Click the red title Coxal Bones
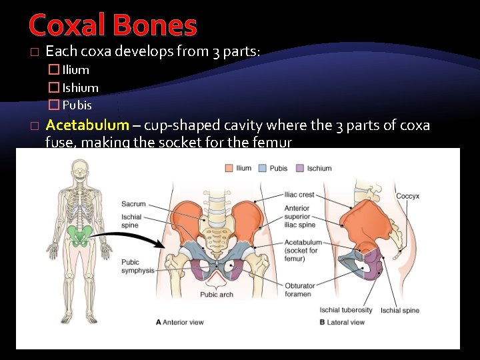(x=113, y=25)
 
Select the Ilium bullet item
(x=75, y=69)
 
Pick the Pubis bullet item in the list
(x=77, y=105)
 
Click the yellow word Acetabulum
(x=87, y=125)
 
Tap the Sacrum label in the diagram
(x=133, y=203)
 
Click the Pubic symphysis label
(x=137, y=267)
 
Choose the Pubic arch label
(x=217, y=294)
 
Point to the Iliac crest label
(x=300, y=195)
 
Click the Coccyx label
(x=407, y=196)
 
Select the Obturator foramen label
(x=299, y=290)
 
